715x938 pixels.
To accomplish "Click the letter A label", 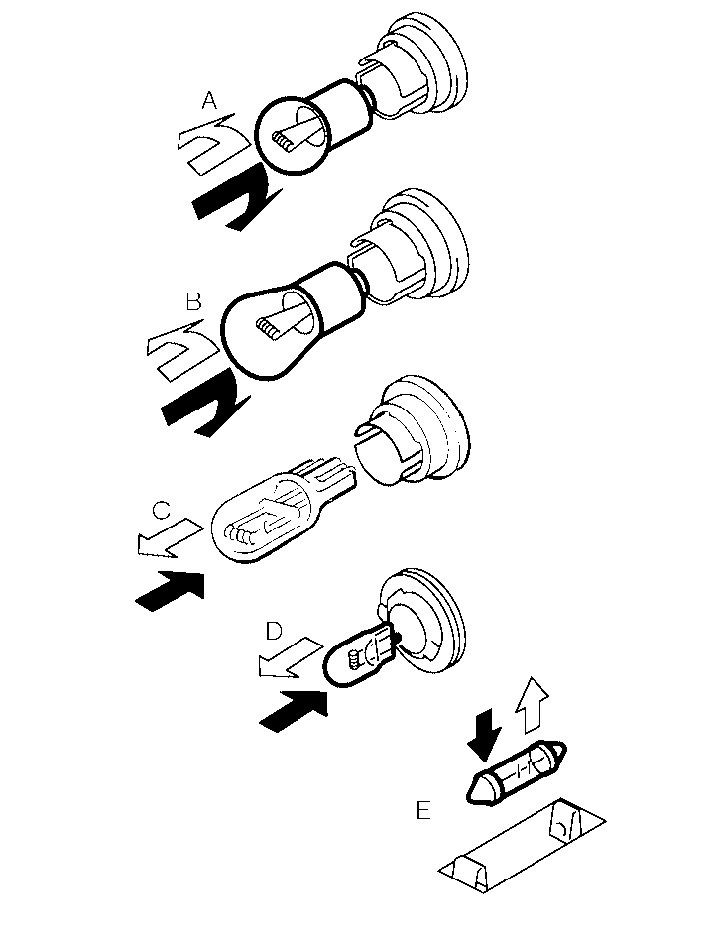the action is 209,101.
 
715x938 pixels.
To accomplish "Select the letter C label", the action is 161,511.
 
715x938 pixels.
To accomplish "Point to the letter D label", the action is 274,631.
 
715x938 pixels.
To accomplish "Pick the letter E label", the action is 423,811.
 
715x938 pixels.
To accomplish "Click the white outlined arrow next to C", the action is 169,538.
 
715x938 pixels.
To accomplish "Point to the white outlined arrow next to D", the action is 290,658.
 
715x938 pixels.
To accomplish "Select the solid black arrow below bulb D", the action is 295,710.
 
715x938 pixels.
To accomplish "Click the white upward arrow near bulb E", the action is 532,705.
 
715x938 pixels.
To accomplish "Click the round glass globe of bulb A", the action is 292,135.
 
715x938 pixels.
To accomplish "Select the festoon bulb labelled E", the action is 516,772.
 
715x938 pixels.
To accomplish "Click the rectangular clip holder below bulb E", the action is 522,845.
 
